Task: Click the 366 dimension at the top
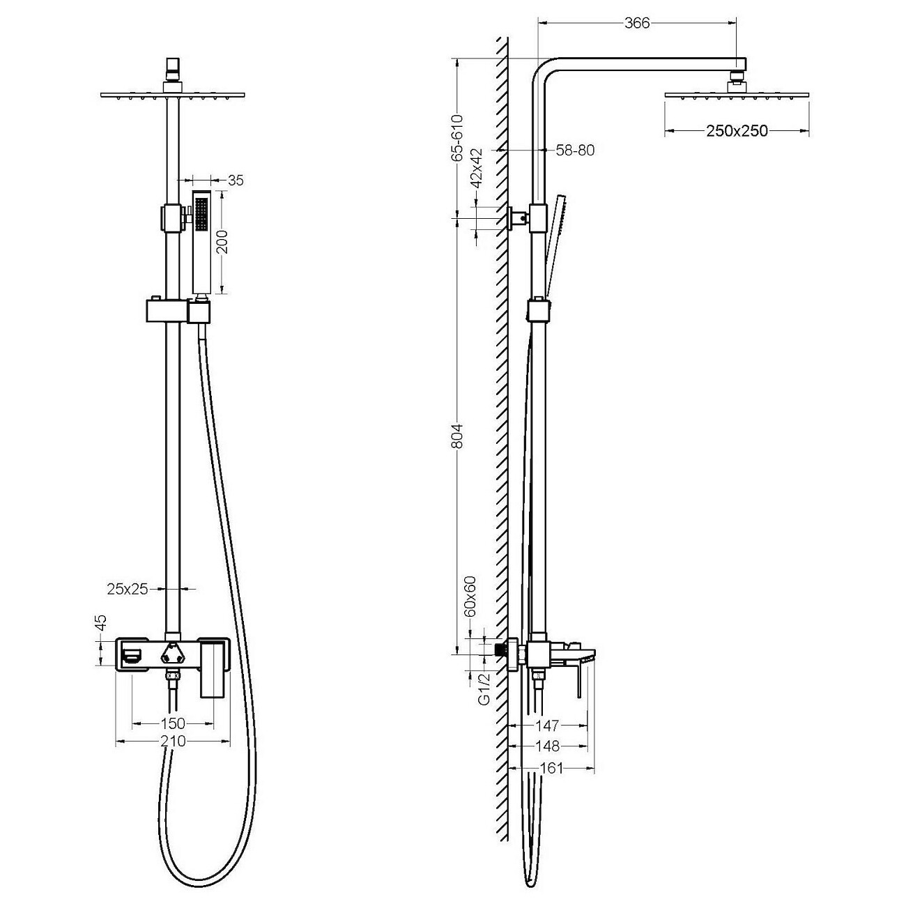point(636,23)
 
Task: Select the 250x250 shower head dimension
point(737,131)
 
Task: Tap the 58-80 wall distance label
point(575,150)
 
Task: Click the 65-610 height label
point(457,138)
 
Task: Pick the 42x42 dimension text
point(477,168)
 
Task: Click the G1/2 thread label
point(484,689)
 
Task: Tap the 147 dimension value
point(547,725)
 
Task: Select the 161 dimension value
point(551,768)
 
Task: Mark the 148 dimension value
point(548,746)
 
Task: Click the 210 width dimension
point(173,742)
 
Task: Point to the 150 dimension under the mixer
point(173,723)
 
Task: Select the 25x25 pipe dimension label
point(128,589)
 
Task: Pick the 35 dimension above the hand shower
point(236,180)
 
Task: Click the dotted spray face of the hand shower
point(201,214)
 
